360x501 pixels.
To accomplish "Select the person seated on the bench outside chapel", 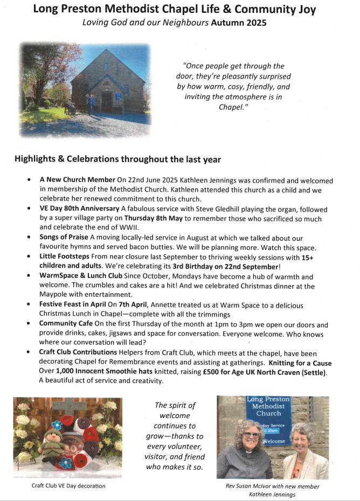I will (x=71, y=105).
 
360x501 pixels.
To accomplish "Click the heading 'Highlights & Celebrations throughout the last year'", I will (x=117, y=159).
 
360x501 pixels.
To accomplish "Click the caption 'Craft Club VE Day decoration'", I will (x=68, y=486).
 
